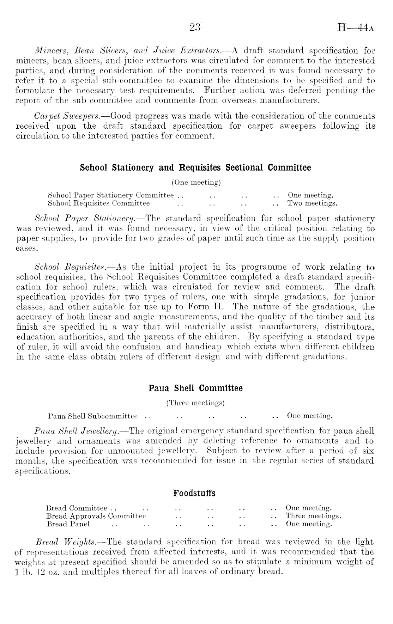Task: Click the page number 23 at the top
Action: pyautogui.click(x=195, y=27)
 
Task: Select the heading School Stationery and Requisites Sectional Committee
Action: pyautogui.click(x=195, y=167)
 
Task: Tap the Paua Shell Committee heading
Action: pyautogui.click(x=195, y=388)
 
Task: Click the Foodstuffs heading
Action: pyautogui.click(x=194, y=493)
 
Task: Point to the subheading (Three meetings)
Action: pyautogui.click(x=195, y=403)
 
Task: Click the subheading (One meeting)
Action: pyautogui.click(x=196, y=182)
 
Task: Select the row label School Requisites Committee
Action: pyautogui.click(x=98, y=203)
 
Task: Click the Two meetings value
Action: pyautogui.click(x=312, y=203)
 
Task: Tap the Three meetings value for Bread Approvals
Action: pyautogui.click(x=313, y=516)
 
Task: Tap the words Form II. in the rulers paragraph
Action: pyautogui.click(x=213, y=307)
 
